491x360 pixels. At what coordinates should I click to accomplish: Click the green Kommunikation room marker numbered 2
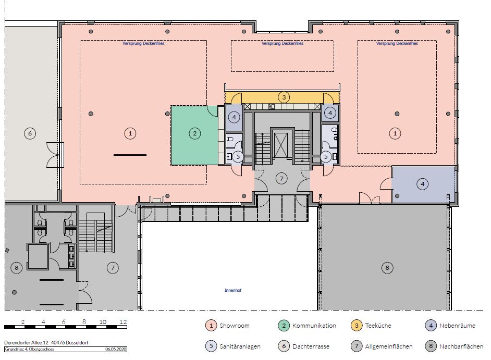[195, 134]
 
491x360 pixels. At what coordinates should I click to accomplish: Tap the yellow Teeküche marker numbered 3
[284, 97]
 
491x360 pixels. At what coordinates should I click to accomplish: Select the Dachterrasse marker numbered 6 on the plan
[30, 134]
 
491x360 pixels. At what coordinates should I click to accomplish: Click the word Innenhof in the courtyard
[233, 290]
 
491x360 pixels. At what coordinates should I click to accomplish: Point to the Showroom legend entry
[228, 326]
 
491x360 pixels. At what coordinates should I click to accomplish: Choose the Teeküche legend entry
[371, 326]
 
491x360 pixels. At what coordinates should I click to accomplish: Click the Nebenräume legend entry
[450, 326]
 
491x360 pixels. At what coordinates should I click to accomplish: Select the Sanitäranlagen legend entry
[233, 346]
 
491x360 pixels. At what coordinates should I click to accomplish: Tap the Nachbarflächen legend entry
[454, 346]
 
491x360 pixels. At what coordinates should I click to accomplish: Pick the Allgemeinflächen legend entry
[382, 346]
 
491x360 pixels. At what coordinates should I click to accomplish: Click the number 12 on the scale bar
[123, 322]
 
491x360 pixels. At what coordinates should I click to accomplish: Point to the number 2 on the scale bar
[23, 322]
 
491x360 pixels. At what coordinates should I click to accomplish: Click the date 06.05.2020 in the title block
[116, 349]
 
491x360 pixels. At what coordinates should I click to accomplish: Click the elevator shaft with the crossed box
[280, 145]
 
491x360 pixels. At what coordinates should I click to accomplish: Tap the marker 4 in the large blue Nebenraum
[423, 184]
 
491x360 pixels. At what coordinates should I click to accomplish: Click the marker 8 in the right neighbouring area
[387, 268]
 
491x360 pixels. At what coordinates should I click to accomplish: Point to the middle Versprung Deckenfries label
[283, 44]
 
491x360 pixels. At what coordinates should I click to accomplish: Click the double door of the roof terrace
[55, 155]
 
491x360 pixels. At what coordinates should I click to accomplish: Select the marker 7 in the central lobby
[281, 179]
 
